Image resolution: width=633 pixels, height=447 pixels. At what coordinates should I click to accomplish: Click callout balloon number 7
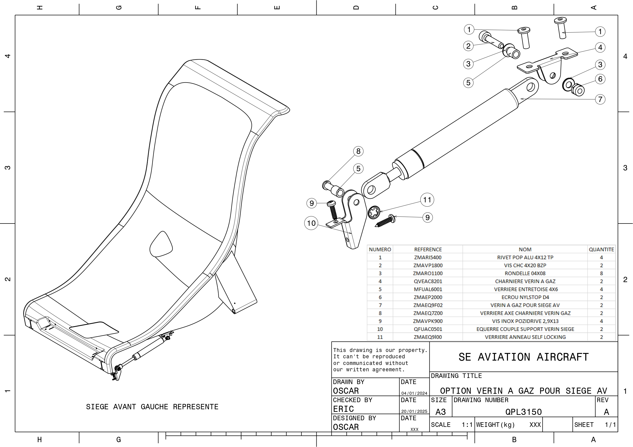(600, 99)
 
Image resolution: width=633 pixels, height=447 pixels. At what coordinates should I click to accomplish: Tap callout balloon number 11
(427, 200)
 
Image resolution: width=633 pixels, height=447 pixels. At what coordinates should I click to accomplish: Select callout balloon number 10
(311, 223)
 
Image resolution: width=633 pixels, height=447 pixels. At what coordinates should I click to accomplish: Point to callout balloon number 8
(358, 151)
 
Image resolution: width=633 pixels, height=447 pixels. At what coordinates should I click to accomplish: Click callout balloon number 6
(600, 79)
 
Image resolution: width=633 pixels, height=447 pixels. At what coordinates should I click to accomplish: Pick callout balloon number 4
(600, 47)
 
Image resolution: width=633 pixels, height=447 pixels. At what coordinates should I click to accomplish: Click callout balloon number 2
(468, 46)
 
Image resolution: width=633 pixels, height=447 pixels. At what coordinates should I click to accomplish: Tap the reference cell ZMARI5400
(428, 257)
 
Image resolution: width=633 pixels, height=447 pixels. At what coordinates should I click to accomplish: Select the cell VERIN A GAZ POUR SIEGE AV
(525, 305)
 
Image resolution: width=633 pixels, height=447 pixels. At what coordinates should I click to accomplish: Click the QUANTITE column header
(601, 249)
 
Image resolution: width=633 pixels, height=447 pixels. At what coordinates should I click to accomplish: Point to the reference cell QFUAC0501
(428, 329)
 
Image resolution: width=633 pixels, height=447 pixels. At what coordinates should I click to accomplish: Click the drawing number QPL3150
(523, 412)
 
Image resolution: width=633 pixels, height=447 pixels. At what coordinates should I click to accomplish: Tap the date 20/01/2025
(414, 412)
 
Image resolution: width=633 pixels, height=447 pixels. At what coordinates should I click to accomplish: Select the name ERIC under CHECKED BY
(343, 409)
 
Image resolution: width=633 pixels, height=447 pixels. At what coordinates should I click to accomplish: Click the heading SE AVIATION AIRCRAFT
(523, 357)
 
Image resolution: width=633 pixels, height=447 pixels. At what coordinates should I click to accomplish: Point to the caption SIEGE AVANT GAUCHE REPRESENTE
(152, 407)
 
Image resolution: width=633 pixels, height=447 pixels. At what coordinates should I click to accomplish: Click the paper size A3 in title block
(441, 412)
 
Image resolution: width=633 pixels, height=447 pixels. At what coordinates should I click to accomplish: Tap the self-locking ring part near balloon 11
(374, 213)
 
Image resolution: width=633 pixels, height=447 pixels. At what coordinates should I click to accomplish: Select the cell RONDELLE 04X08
(525, 273)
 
